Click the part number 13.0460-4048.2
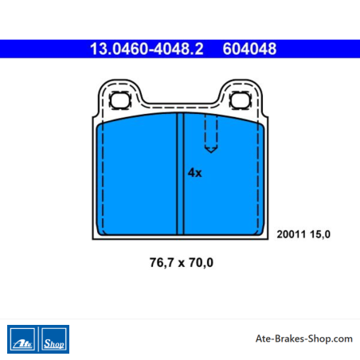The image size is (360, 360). (x=147, y=49)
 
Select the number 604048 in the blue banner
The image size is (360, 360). (x=249, y=49)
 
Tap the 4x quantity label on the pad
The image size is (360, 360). (x=195, y=173)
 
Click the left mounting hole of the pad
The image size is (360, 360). (x=120, y=100)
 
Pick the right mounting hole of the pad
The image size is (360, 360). (x=240, y=100)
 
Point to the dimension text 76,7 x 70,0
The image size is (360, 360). (x=182, y=262)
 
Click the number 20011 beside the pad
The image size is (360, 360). (x=292, y=234)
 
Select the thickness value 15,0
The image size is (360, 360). (x=320, y=234)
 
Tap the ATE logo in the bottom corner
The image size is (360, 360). (x=22, y=339)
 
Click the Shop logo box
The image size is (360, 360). (x=54, y=339)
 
